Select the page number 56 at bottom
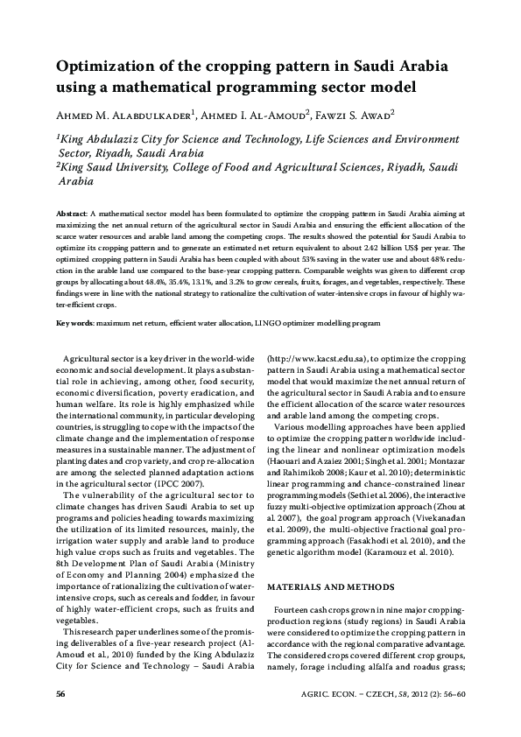click(x=60, y=694)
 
